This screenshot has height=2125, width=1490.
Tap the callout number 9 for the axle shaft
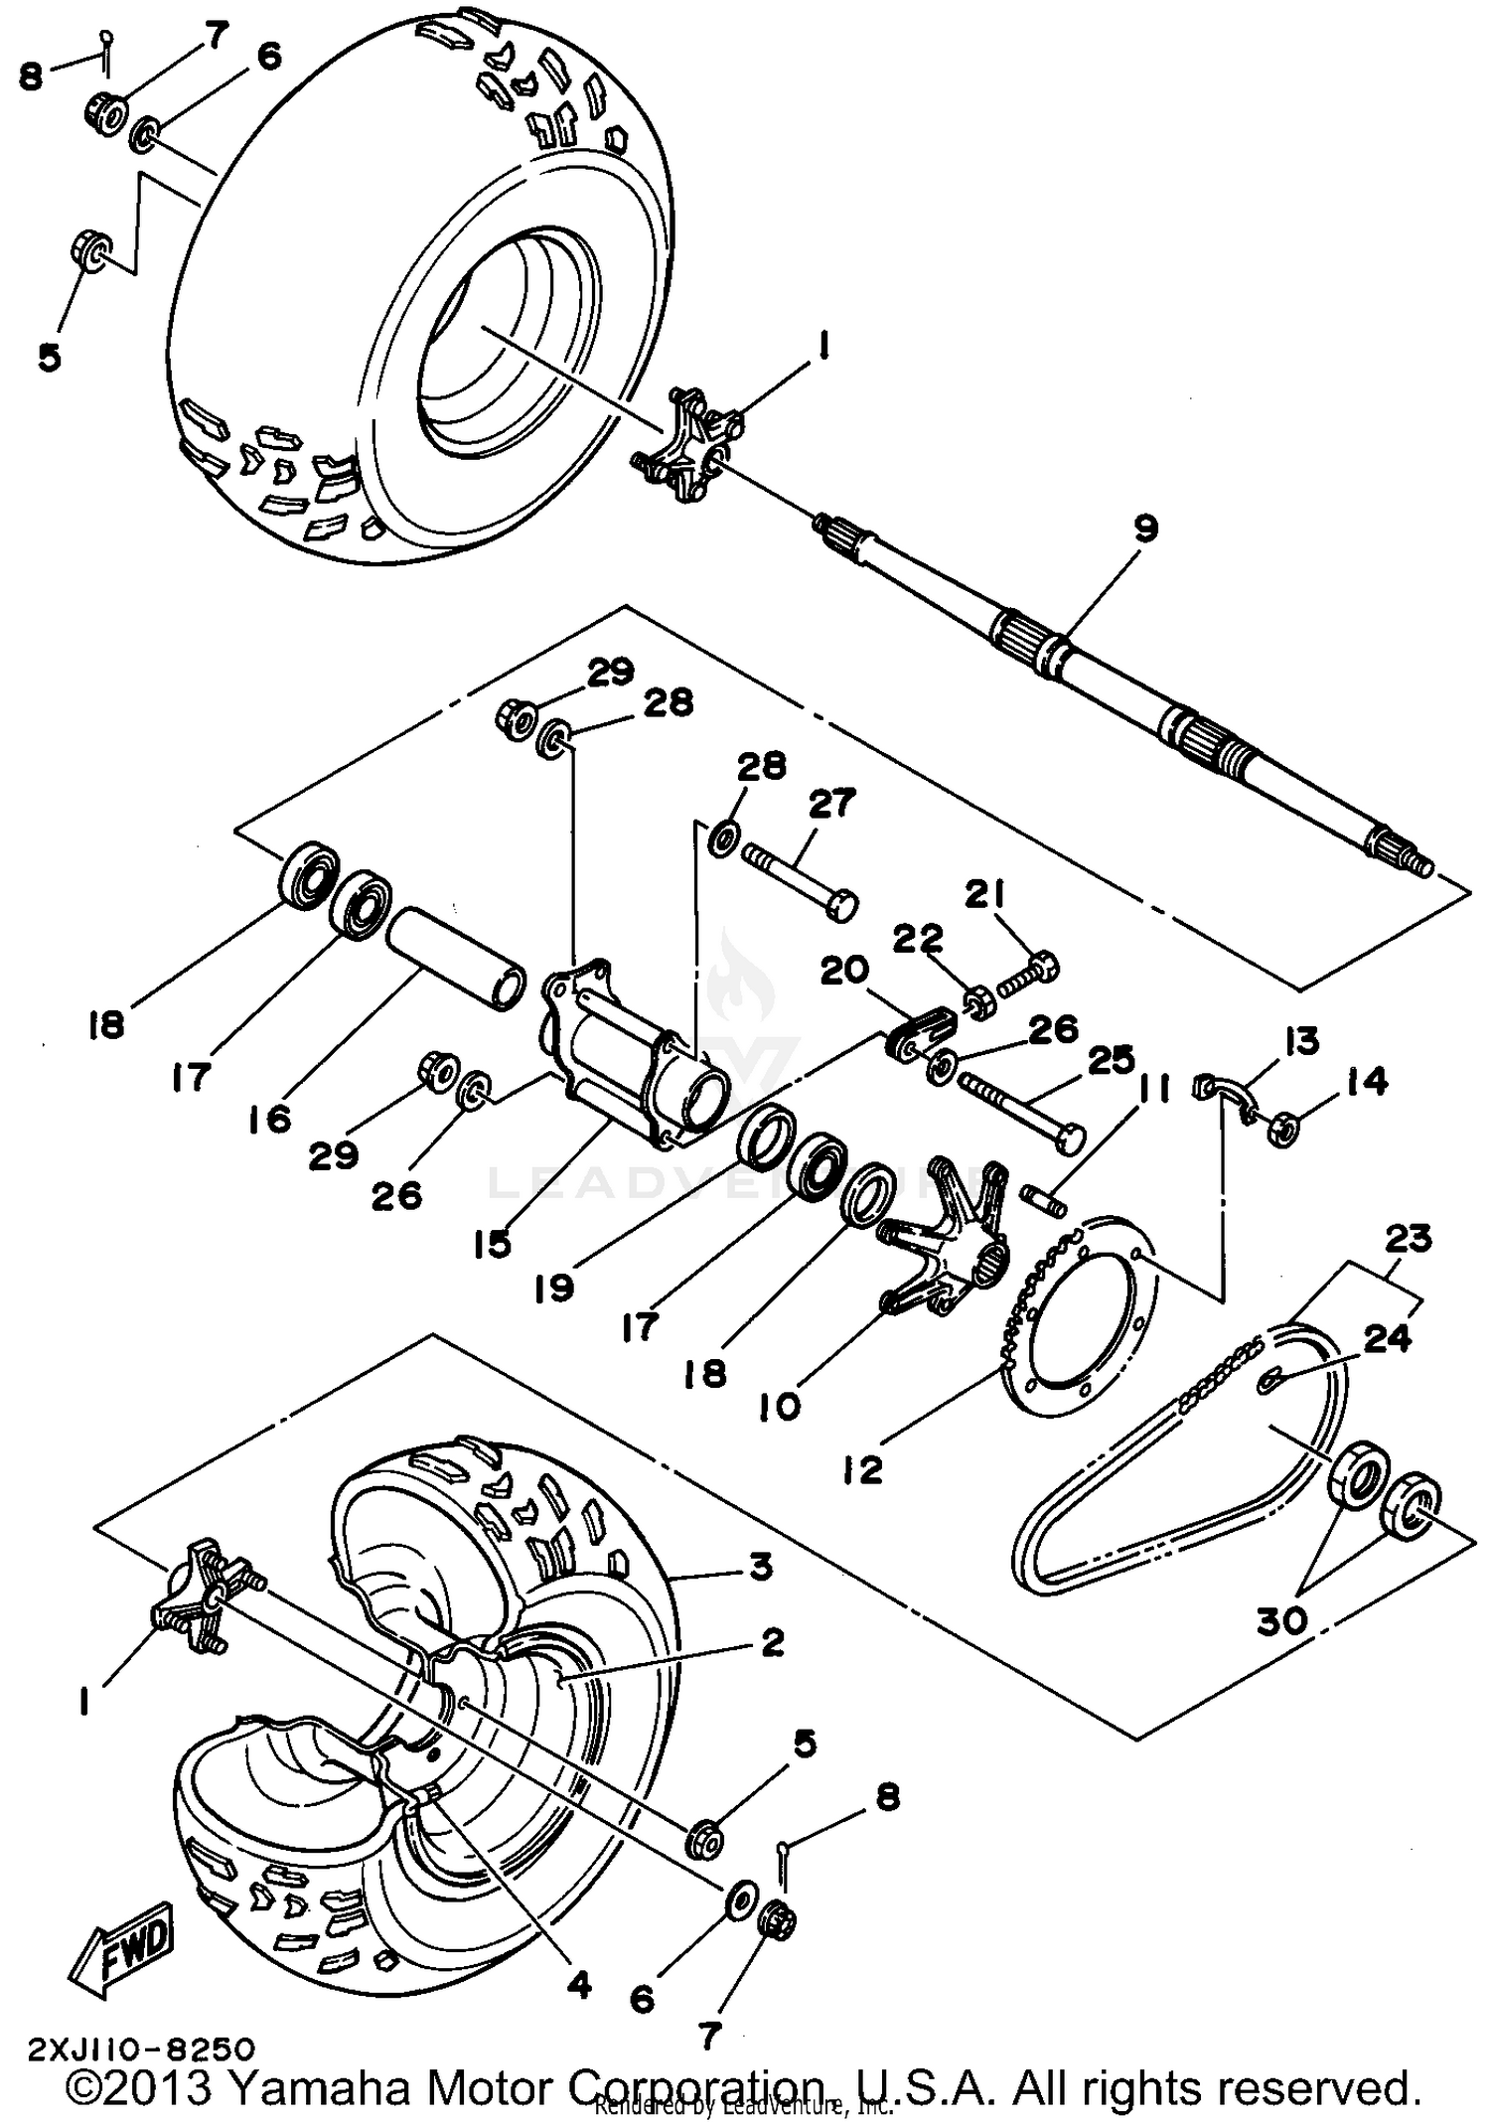[x=1145, y=529]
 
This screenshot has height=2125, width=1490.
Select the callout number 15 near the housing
[x=493, y=1243]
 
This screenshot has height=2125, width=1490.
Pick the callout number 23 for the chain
[x=1408, y=1238]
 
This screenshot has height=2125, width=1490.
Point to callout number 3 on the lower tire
[x=760, y=1568]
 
